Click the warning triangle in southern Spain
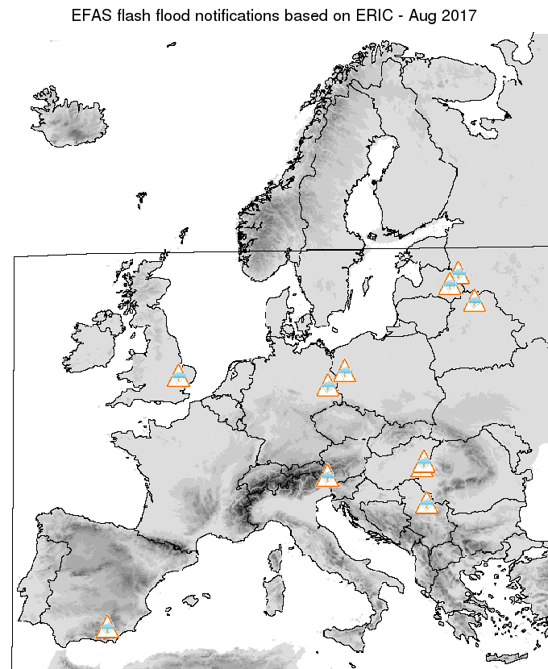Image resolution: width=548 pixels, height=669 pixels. [x=106, y=627]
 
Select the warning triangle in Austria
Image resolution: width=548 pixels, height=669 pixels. [x=327, y=476]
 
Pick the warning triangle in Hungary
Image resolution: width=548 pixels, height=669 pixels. [x=422, y=464]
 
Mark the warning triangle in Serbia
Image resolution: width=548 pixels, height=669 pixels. [x=426, y=504]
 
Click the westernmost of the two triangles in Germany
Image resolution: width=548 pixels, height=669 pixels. [x=327, y=386]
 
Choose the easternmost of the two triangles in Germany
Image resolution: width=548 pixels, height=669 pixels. [x=345, y=372]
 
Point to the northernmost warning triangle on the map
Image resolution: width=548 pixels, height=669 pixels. [x=459, y=273]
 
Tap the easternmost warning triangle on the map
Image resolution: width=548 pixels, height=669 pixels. [x=475, y=301]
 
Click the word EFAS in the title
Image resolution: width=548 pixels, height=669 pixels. [x=92, y=15]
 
